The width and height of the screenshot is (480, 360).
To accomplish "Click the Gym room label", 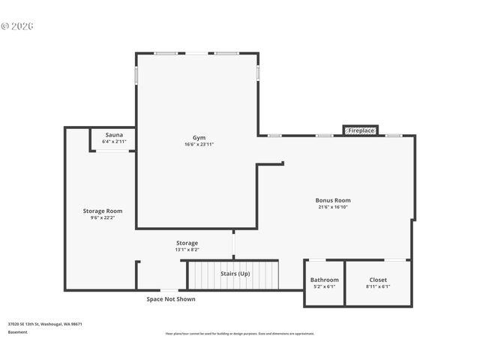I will (x=199, y=138).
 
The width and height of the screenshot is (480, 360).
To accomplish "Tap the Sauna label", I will (x=114, y=135).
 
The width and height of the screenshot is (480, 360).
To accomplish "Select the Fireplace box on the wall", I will (x=360, y=130).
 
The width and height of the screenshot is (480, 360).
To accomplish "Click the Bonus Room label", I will (x=333, y=200).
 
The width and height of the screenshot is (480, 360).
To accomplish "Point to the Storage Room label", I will (x=103, y=211).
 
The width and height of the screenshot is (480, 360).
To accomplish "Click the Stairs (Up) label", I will (x=235, y=274).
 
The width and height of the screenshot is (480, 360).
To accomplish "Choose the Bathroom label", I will (x=324, y=280).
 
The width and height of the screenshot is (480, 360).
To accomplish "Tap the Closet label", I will (x=378, y=280).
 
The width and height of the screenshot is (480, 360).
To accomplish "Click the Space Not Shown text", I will (x=170, y=298).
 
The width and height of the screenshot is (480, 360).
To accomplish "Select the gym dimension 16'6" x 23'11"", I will (x=199, y=145).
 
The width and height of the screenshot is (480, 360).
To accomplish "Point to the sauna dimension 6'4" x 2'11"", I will (x=114, y=142).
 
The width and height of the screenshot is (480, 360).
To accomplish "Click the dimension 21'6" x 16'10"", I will (x=333, y=207).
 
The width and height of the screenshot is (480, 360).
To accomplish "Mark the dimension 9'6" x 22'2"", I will (x=103, y=217).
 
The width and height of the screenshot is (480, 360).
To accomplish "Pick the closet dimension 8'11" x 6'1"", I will (x=378, y=286).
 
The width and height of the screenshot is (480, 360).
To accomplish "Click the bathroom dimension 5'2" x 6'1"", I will (x=324, y=286).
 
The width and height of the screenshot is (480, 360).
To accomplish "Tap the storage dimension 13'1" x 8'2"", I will (x=187, y=250).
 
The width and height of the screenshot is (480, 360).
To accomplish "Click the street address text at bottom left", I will (x=45, y=324).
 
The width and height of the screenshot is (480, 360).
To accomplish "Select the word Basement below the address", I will (x=18, y=331).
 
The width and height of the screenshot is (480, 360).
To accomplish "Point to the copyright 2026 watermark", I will (x=17, y=25).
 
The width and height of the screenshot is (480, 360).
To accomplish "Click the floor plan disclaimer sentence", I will (x=240, y=333).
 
